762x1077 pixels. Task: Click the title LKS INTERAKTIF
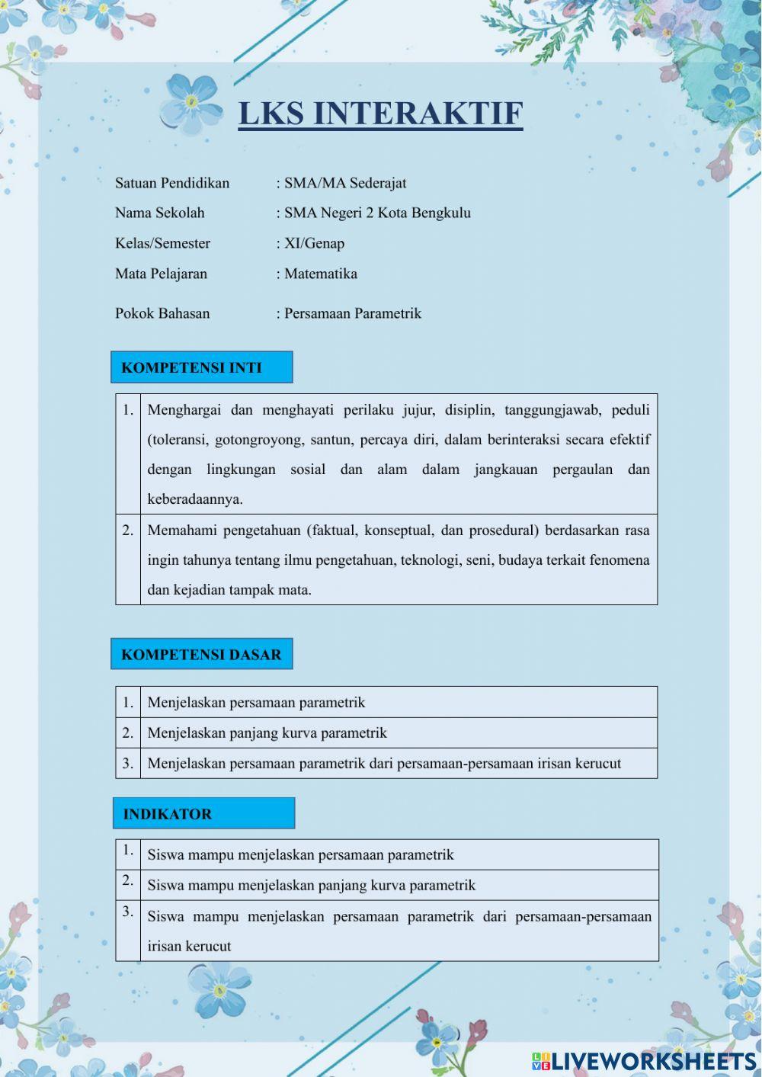coord(380,114)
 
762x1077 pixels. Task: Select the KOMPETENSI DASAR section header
coord(201,654)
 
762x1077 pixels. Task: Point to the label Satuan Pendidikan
coord(172,183)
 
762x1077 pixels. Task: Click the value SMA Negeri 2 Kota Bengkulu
coord(377,213)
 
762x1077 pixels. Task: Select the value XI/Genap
coord(314,243)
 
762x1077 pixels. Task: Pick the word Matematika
coord(320,274)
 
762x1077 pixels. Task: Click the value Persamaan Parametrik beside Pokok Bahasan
coord(352,313)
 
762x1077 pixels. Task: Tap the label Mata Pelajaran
coord(161,274)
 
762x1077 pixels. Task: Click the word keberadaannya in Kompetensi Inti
coord(195,499)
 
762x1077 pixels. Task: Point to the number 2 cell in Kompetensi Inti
coord(128,530)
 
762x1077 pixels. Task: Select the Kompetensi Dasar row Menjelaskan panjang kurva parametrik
coord(267,732)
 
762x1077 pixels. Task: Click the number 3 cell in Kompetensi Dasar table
coord(128,763)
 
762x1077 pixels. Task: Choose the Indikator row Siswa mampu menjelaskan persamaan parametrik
coord(300,854)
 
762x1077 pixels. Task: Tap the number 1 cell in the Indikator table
coord(128,850)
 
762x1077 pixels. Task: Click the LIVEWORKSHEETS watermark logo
coord(644,1061)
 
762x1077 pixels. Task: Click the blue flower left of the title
coord(192,104)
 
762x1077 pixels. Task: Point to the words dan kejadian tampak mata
coord(229,589)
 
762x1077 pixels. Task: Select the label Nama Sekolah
coord(160,213)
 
